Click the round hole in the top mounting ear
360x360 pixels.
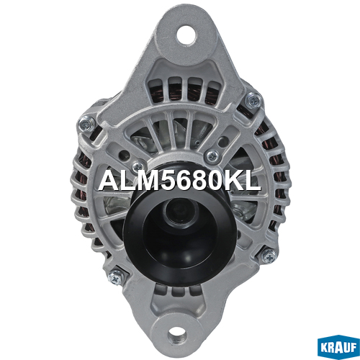[187, 35]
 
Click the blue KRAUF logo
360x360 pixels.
[338, 348]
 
